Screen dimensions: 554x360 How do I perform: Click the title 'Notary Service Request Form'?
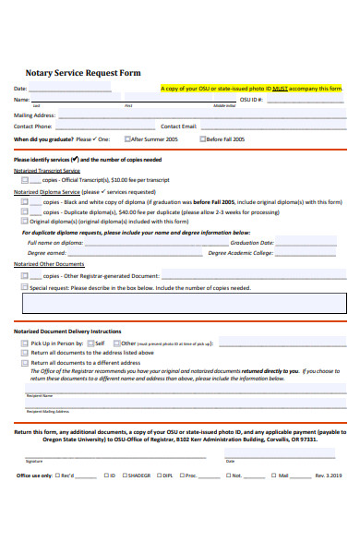77,72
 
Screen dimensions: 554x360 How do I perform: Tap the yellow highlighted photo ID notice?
251,89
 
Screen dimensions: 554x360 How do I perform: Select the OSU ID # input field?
305,100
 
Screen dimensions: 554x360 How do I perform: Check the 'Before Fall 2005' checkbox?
203,139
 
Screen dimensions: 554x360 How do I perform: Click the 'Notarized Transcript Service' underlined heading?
47,170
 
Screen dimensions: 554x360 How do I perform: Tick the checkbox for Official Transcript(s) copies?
24,180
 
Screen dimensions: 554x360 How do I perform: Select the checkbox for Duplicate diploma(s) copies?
24,211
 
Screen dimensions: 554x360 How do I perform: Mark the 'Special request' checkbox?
24,287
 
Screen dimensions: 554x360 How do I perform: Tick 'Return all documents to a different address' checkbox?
24,363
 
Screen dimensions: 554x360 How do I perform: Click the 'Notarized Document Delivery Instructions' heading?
67,331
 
